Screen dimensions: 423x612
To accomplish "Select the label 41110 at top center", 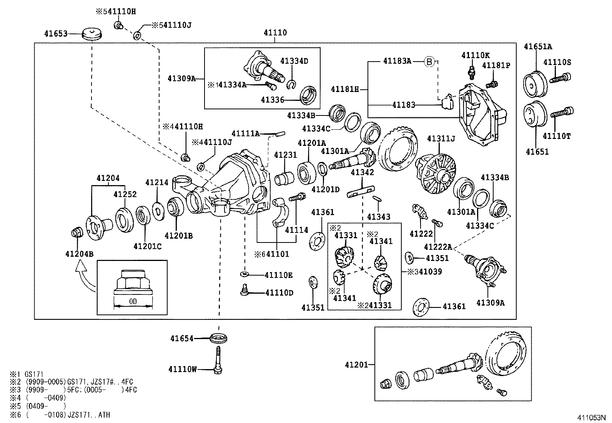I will coord(275,33).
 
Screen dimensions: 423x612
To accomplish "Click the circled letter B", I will coord(429,61).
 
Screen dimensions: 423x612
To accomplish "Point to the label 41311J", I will coord(441,138).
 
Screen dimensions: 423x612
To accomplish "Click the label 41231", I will coord(285,155).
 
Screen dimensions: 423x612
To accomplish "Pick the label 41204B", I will coord(79,254).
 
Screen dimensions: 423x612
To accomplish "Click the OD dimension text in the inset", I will coord(133,301).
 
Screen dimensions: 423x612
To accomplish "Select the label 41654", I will coord(182,339).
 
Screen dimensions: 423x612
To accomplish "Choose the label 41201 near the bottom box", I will coord(356,364).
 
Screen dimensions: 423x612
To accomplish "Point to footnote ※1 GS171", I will coord(27,374).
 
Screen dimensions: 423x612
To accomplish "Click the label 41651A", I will coord(538,47).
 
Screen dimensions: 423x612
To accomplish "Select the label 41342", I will coord(362,172).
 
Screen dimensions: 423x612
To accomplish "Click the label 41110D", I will coord(279,293).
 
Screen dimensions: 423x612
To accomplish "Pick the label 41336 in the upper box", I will coord(272,100).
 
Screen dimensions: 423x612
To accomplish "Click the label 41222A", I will coord(438,247).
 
